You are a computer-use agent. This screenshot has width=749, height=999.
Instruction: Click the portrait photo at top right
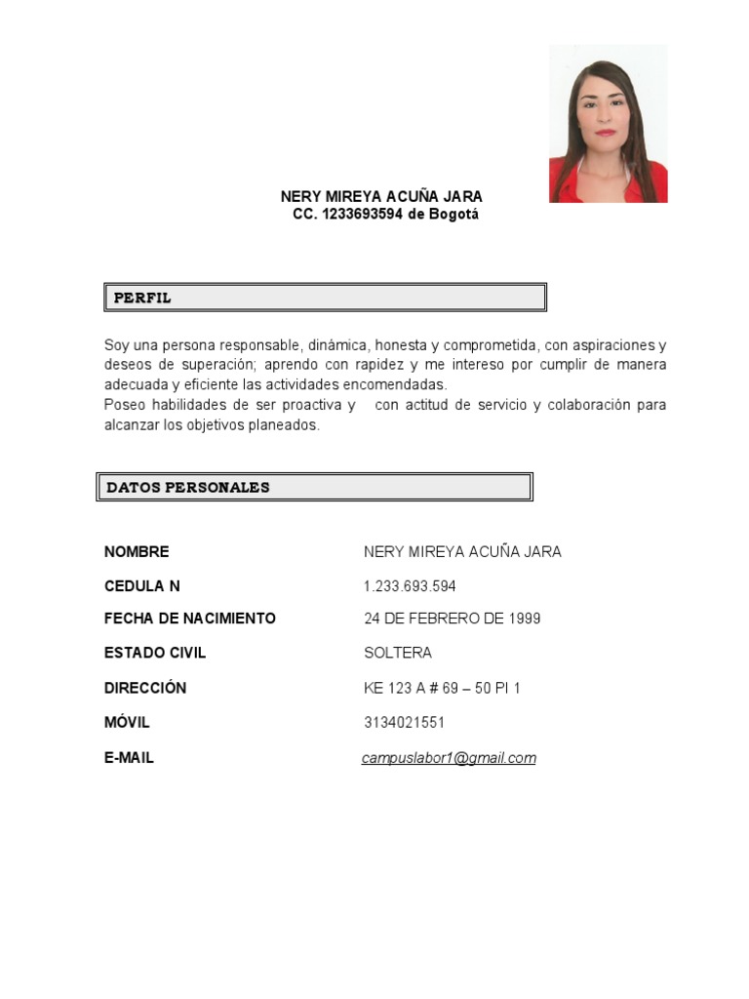point(609,123)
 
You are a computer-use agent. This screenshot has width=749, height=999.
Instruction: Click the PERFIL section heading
point(142,298)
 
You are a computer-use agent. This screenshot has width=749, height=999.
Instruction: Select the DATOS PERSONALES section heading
point(188,487)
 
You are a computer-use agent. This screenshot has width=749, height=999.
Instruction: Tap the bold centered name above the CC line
point(381,197)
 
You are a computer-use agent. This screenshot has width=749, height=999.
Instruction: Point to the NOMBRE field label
point(137,552)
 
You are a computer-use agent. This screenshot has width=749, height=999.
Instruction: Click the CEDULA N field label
point(142,586)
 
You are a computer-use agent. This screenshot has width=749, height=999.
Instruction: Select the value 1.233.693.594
point(410,586)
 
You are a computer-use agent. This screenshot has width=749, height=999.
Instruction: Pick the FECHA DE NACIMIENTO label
point(190,619)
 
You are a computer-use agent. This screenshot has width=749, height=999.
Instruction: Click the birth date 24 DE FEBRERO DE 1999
point(452,619)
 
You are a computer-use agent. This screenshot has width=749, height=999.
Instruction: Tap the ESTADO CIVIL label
point(155,653)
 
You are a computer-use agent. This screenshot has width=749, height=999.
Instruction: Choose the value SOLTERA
point(398,653)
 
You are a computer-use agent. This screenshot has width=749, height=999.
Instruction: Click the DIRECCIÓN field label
point(145,688)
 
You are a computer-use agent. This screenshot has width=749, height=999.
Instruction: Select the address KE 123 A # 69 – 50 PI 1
point(442,688)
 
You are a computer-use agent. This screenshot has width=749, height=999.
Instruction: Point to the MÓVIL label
point(127,723)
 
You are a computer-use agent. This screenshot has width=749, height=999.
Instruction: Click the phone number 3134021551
point(404,723)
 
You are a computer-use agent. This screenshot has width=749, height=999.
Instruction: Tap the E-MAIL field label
point(129,758)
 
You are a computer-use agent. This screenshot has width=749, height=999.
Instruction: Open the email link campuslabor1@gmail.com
point(449,758)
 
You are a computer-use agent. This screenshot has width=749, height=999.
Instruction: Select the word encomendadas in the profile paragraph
point(402,384)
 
